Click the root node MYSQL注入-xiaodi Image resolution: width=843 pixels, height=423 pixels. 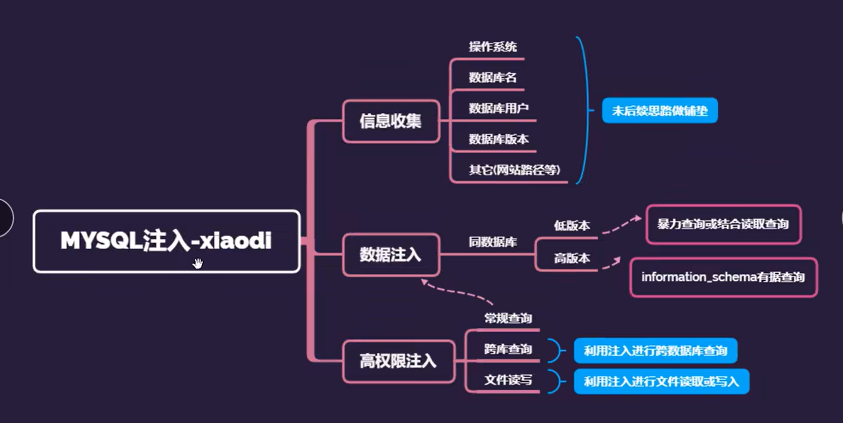pyautogui.click(x=166, y=241)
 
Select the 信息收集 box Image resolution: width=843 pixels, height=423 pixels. pyautogui.click(x=390, y=121)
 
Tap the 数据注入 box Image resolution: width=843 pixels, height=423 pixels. pyautogui.click(x=390, y=255)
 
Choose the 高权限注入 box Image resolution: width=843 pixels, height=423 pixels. pyautogui.click(x=398, y=361)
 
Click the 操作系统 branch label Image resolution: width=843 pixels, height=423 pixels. pyautogui.click(x=492, y=47)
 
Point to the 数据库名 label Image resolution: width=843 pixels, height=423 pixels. pyautogui.click(x=492, y=78)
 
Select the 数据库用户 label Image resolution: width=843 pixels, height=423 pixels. pyautogui.click(x=498, y=108)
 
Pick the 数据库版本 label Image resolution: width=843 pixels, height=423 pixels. pyautogui.click(x=498, y=139)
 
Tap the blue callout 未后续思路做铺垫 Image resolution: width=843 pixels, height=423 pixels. pyautogui.click(x=660, y=111)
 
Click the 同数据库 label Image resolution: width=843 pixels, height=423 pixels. pyautogui.click(x=492, y=242)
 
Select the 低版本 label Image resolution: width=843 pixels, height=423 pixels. pyautogui.click(x=572, y=226)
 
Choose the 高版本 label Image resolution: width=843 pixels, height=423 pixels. pyautogui.click(x=572, y=259)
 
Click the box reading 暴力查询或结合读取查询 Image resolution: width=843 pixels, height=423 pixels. pyautogui.click(x=723, y=224)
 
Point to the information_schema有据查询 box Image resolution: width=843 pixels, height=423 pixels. pyautogui.click(x=723, y=277)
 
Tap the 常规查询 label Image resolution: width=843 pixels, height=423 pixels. pyautogui.click(x=508, y=319)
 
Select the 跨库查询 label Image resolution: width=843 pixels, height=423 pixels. pyautogui.click(x=508, y=349)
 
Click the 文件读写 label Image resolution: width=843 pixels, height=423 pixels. pyautogui.click(x=508, y=380)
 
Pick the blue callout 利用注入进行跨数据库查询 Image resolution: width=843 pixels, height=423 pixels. pyautogui.click(x=655, y=351)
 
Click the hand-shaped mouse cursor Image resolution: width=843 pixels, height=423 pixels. pyautogui.click(x=197, y=263)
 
